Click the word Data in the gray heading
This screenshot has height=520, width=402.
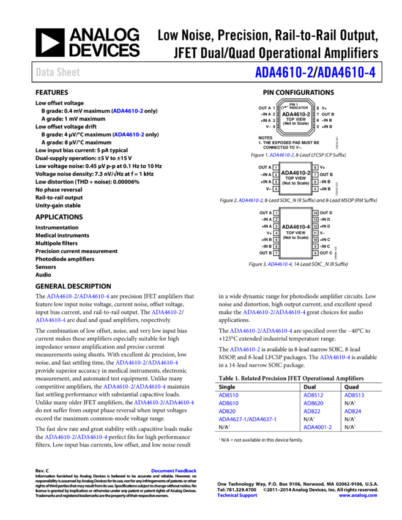(44, 72)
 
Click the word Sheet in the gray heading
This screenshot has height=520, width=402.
(68, 72)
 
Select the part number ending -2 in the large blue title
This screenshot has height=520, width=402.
(284, 73)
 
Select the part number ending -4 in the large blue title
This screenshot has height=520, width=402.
(346, 73)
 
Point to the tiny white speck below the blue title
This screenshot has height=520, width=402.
(282, 108)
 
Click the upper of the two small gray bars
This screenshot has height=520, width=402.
(337, 143)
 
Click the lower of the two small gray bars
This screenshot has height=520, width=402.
(337, 188)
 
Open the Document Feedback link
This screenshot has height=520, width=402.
(174, 471)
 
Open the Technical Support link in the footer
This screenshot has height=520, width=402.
(237, 496)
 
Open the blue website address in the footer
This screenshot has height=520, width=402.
(357, 496)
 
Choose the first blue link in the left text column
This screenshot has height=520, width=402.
(128, 111)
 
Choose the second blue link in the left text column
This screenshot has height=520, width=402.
(129, 135)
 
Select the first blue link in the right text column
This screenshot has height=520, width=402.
(281, 155)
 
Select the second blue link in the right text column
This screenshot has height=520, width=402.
(251, 201)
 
